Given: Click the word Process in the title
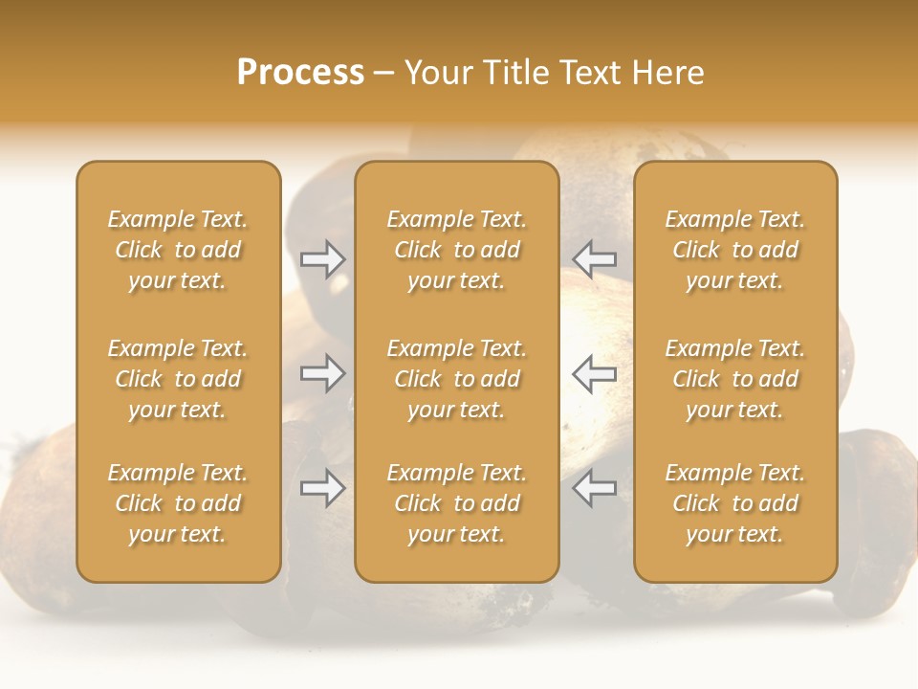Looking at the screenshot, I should point(300,73).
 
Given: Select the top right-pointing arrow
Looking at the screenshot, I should point(322,258).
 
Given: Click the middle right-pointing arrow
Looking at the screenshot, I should point(322,373).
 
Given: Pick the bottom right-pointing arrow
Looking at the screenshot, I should point(322,488).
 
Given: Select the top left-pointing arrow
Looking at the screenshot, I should point(595,258).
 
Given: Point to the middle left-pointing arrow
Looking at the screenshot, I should point(595,373).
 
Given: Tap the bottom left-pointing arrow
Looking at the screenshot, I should point(595,488).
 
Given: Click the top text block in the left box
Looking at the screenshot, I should point(178,250).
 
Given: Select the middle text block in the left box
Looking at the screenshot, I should point(178,379).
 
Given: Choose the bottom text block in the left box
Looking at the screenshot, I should point(178,503).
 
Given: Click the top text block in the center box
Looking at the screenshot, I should point(456,250).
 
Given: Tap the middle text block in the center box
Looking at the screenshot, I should point(456,379).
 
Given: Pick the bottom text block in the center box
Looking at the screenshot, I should point(456,503).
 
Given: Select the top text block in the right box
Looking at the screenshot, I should point(734,250).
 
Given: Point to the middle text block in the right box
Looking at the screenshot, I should point(734,379).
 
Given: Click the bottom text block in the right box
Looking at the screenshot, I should point(734,503).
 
